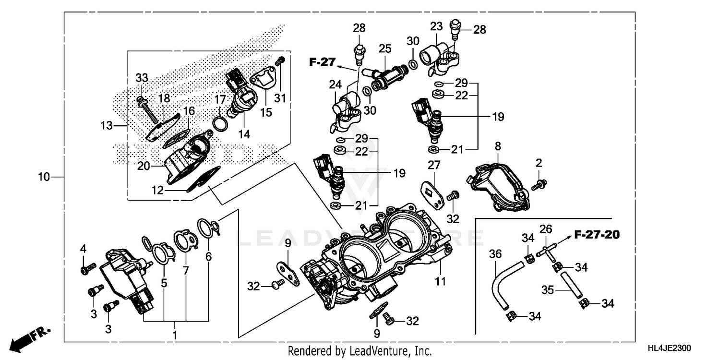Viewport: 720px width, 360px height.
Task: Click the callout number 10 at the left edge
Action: point(44,178)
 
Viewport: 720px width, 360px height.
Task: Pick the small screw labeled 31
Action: point(281,61)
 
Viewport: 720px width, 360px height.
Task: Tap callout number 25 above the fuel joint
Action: point(385,48)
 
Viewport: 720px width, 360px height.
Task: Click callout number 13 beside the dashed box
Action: point(106,126)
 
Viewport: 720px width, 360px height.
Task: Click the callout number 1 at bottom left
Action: point(175,334)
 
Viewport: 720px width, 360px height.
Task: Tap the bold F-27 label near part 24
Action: point(321,61)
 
